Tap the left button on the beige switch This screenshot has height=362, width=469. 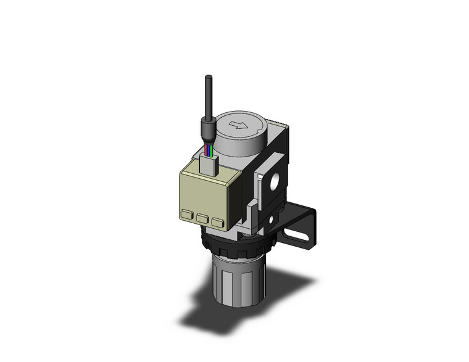point(186,216)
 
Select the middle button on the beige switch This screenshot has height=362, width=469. point(202,218)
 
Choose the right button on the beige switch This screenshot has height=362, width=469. point(217,220)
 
